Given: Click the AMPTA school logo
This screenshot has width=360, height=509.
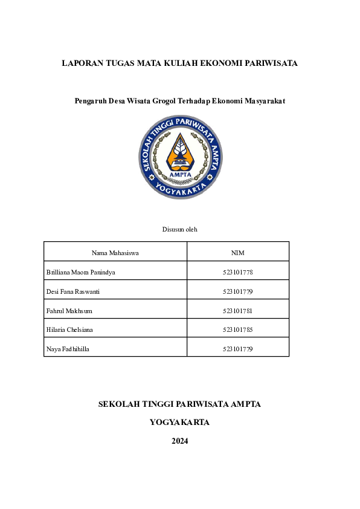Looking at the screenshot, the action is (180, 157).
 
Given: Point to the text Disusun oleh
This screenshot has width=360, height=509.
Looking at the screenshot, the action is (180, 229).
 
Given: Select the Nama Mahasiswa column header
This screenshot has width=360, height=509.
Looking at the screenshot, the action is (115, 253).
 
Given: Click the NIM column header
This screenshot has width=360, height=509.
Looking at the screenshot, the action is (237, 253).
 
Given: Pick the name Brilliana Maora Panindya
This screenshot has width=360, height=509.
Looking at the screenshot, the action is (81, 272).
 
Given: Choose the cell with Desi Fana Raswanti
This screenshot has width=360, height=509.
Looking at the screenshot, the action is (73, 291).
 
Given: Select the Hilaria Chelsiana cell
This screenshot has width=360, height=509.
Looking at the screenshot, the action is (70, 330).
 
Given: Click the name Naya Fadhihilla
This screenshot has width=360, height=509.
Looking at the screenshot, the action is (68, 349).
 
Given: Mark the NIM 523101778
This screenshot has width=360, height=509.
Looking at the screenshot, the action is (237, 272).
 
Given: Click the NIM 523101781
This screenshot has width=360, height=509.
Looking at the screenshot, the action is (237, 311).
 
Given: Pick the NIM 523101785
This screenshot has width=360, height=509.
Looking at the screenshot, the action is (237, 330).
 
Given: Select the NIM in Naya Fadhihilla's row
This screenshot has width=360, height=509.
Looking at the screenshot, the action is (237, 349).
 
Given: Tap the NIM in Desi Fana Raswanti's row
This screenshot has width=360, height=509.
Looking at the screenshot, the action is (237, 291).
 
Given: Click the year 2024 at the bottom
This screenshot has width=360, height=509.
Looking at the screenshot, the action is (180, 441).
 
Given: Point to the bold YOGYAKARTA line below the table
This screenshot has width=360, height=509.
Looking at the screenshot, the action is (180, 423).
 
